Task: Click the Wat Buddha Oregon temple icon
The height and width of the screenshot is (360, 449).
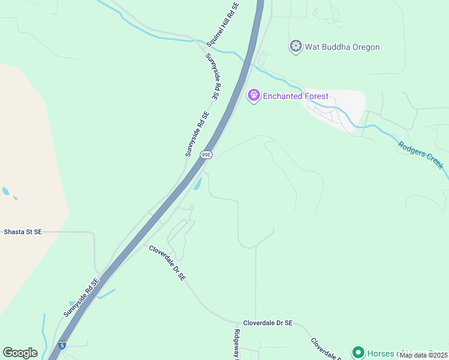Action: [x=295, y=46]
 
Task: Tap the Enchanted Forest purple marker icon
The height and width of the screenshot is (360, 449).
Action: [x=254, y=95]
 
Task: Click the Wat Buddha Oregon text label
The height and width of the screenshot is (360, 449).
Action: [x=342, y=47]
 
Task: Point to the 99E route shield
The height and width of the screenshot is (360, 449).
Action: [x=206, y=154]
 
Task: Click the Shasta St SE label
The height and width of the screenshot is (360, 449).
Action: [x=23, y=232]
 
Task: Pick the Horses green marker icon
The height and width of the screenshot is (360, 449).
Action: [x=358, y=352]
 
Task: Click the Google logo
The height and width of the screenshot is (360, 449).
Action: [x=20, y=353]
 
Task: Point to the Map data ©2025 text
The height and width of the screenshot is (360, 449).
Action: [x=423, y=355]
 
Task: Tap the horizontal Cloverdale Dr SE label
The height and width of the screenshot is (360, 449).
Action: [x=268, y=323]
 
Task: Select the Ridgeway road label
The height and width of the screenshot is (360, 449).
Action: [x=237, y=345]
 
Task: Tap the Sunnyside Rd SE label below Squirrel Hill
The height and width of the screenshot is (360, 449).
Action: [x=213, y=76]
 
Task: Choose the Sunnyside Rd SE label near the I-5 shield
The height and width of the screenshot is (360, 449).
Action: [x=81, y=298]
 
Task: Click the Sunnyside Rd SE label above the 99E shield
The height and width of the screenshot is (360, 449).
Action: [x=197, y=134]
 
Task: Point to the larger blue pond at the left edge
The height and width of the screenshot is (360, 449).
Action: [x=5, y=191]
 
